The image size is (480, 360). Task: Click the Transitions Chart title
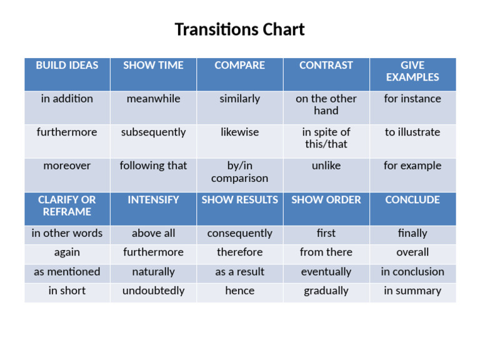239,29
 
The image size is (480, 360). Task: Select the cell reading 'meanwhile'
153,99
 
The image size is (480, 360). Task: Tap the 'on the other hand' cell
326,104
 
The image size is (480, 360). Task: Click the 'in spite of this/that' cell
326,138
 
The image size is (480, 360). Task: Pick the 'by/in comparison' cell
240,172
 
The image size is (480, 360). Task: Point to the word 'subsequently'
153,132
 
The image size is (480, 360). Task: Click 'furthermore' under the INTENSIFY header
153,252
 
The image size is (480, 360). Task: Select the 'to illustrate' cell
412,132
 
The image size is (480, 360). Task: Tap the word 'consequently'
240,234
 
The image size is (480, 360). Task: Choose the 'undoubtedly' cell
153,291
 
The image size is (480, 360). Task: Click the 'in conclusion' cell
412,272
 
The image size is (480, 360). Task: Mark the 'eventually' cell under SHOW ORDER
326,272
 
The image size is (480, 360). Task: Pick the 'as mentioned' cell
67,272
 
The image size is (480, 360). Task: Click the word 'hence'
240,291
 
